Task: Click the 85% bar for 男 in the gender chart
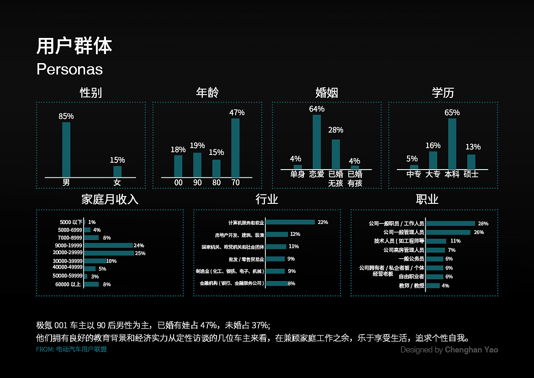66,149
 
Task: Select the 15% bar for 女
117,171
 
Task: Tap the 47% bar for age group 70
235,148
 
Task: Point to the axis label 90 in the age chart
197,182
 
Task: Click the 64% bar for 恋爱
317,142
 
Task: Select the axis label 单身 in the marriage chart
297,174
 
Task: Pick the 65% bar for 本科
452,144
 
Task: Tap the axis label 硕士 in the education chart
471,174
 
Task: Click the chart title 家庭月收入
110,199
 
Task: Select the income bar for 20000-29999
109,253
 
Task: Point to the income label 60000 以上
68,284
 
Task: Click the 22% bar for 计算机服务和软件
290,222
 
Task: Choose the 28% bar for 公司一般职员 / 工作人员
450,224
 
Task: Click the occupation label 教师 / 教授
412,286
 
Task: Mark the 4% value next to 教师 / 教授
445,286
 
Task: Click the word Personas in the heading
69,69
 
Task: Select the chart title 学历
443,93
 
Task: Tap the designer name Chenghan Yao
471,350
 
